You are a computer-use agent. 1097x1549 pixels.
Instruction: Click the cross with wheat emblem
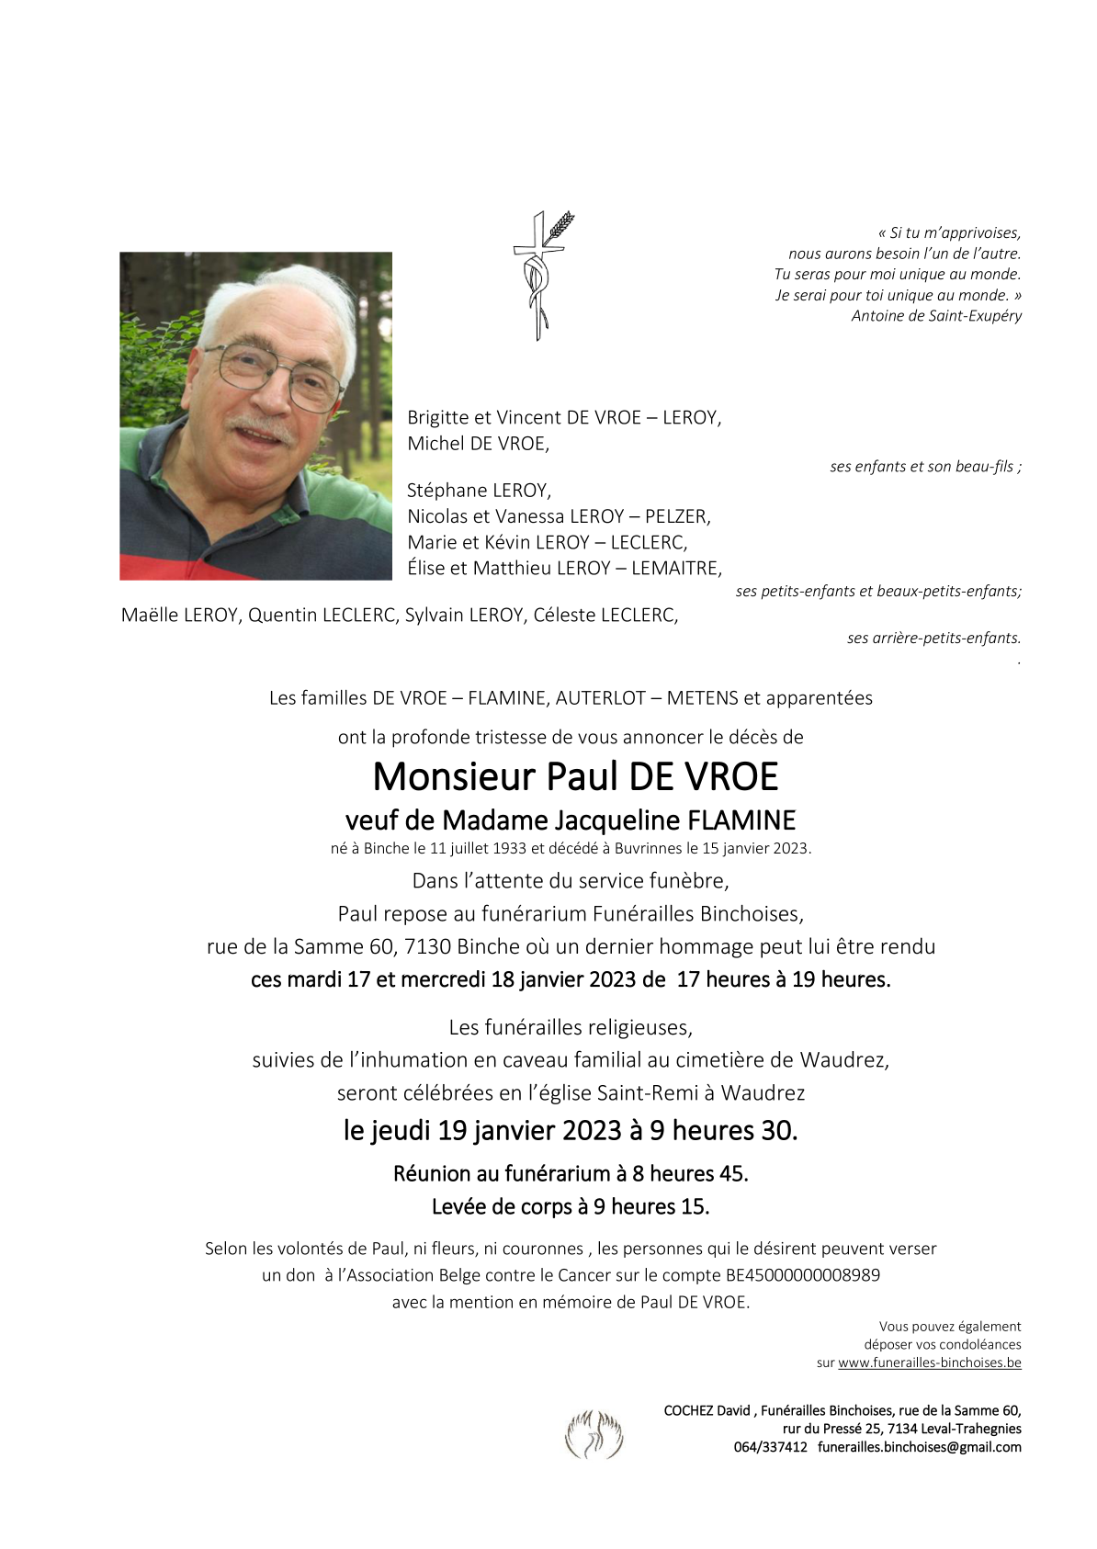point(541,275)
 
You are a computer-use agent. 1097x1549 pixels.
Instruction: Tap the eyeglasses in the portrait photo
point(273,374)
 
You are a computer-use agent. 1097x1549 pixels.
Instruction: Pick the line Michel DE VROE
point(478,444)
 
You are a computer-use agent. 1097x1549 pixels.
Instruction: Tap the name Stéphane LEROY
point(479,491)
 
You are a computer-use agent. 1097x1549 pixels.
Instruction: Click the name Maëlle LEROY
point(180,616)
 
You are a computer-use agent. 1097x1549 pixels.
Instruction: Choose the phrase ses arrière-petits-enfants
point(933,638)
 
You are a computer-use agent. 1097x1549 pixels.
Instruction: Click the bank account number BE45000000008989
point(803,1275)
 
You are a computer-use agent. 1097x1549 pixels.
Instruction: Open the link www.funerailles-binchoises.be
point(929,1363)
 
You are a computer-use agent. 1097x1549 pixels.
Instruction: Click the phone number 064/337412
point(770,1447)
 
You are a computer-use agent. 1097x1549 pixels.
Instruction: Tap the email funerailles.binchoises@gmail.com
point(919,1447)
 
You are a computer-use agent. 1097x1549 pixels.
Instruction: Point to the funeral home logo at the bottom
point(594,1434)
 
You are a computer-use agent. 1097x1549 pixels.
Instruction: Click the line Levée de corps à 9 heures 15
point(571,1207)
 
